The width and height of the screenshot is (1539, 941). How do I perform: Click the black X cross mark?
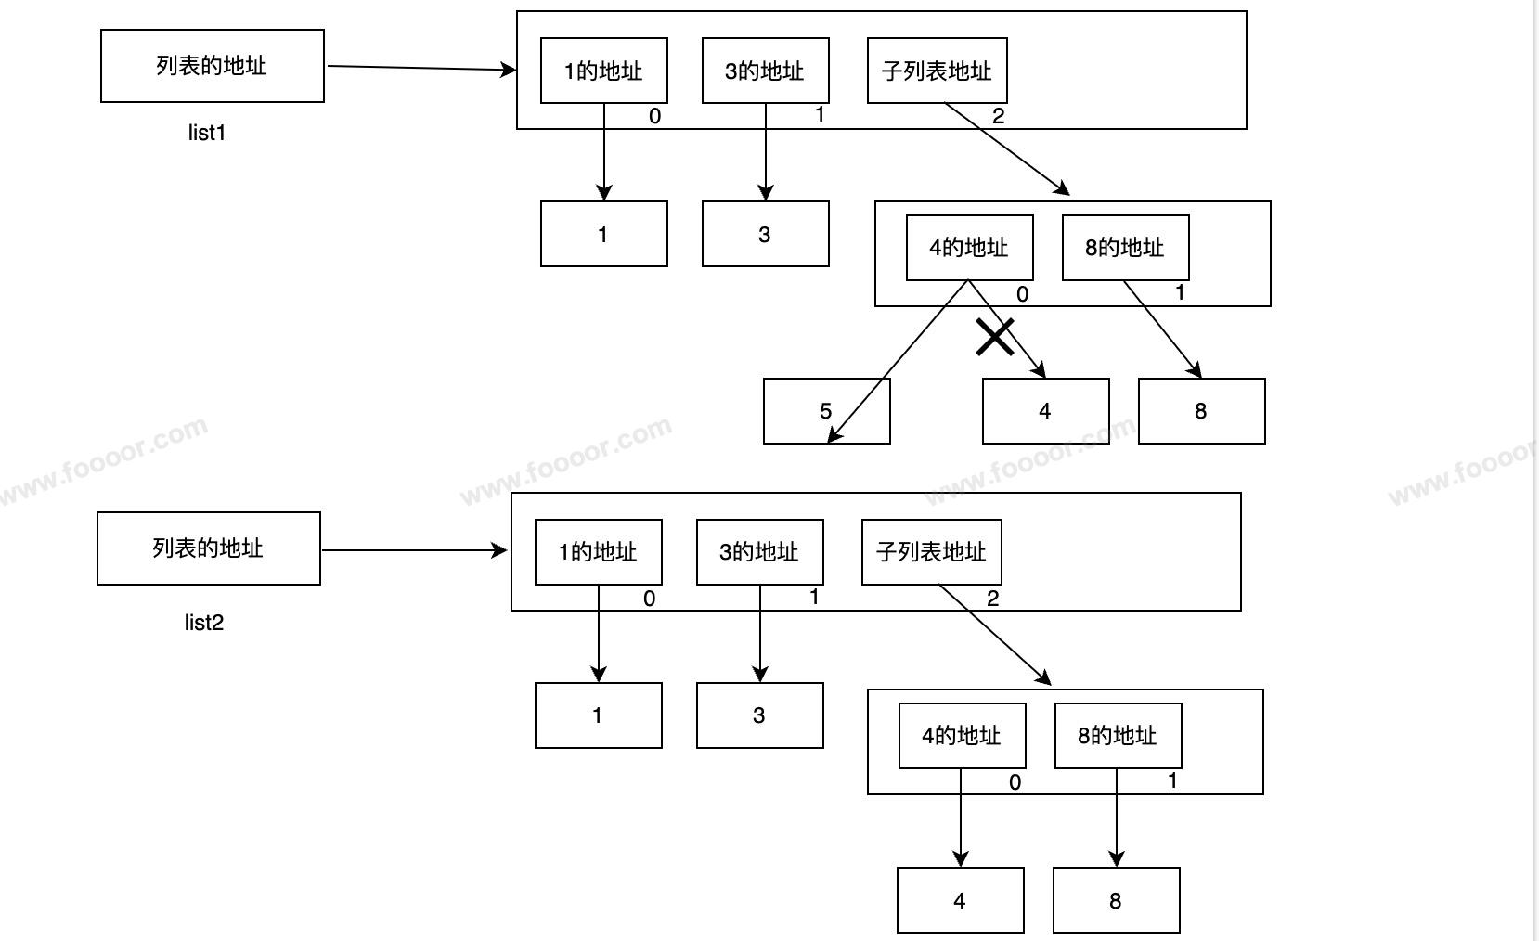coord(995,338)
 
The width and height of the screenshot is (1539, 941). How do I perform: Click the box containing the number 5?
coord(826,411)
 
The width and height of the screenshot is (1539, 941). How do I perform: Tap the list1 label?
coord(207,133)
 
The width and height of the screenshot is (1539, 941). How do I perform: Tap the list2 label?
coord(203,623)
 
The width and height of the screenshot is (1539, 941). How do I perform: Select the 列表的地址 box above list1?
coord(212,66)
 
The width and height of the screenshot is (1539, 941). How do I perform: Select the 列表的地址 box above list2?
coord(208,548)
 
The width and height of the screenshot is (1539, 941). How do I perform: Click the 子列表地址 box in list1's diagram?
coord(937,71)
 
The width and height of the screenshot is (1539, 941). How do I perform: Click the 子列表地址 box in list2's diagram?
coord(931,552)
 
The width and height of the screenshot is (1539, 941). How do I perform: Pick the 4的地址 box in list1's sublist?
coord(969,248)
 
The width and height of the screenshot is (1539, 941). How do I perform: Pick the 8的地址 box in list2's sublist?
coord(1118,736)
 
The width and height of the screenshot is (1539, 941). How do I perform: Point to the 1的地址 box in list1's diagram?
coord(603,71)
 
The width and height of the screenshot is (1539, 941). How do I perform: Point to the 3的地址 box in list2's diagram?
coord(759,552)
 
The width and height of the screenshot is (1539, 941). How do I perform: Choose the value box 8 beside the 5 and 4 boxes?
coord(1201,411)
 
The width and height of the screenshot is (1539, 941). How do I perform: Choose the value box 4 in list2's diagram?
coord(960,900)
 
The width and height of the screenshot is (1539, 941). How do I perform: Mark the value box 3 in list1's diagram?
coord(765,234)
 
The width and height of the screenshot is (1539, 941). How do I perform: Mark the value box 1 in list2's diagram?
coord(598,715)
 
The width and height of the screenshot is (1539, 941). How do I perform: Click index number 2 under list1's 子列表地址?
coord(998,117)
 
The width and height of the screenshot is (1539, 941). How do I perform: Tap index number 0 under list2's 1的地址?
coord(649,599)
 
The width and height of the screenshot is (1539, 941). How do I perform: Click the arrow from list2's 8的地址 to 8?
coord(1117,817)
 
